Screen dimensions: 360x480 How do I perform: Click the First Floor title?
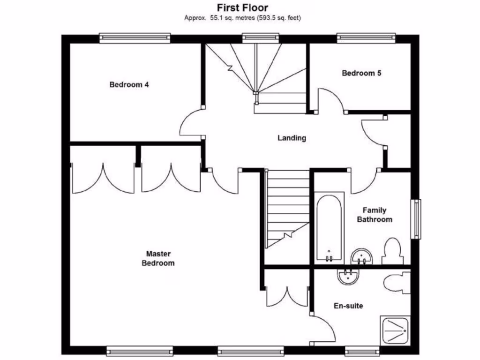pos(242,7)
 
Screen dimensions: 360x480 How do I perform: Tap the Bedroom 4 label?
pos(129,85)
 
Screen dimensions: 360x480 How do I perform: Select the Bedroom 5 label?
pos(361,73)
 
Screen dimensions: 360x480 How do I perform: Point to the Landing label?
pos(292,138)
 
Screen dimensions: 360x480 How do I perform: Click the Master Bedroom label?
pos(158,258)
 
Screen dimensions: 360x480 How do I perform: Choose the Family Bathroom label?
pos(375,215)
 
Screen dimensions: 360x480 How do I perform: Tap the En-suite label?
pos(348,306)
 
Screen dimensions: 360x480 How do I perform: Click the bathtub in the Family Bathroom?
pos(330,227)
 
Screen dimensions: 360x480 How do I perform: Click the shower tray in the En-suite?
pos(394,330)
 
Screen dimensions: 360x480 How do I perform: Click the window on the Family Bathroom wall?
pos(416,219)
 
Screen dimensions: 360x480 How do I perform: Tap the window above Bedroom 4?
pos(135,37)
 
